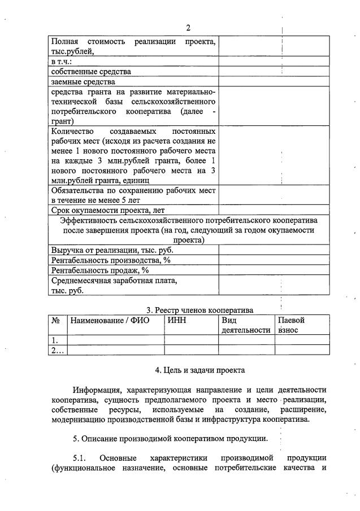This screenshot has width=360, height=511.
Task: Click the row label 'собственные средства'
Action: tap(91, 72)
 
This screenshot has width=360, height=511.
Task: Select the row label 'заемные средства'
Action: tap(83, 82)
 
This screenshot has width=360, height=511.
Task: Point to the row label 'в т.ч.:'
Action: tap(62, 62)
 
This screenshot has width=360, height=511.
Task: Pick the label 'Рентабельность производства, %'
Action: tap(111, 260)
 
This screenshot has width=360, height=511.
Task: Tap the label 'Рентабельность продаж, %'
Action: tap(99, 270)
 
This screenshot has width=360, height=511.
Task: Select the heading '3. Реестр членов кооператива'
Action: tap(200, 309)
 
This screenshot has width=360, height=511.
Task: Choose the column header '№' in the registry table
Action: tap(56, 320)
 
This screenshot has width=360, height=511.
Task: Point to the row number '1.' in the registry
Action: tap(55, 340)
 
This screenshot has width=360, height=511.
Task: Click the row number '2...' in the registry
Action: tap(57, 350)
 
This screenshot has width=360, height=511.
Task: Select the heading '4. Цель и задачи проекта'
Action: tap(200, 370)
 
